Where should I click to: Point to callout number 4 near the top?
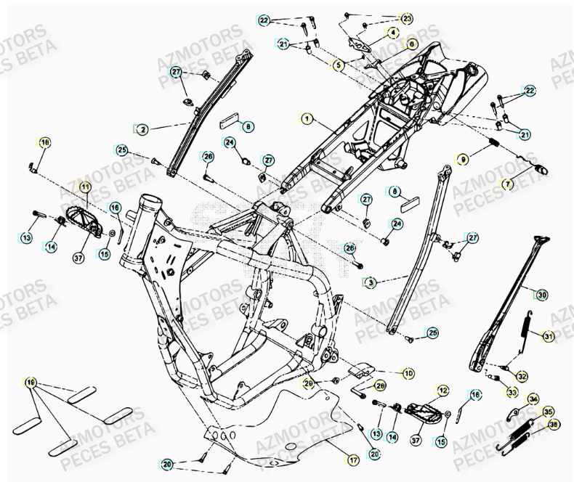[x=392, y=33]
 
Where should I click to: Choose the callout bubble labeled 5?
[x=338, y=65]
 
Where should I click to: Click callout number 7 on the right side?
[x=508, y=184]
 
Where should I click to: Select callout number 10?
[x=409, y=373]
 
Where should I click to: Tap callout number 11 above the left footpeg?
[x=84, y=187]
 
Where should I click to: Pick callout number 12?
[x=442, y=391]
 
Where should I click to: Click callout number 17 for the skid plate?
[x=352, y=459]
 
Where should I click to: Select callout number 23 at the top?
[x=406, y=18]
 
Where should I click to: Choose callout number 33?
[x=512, y=393]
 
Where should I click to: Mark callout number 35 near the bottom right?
[x=548, y=412]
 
